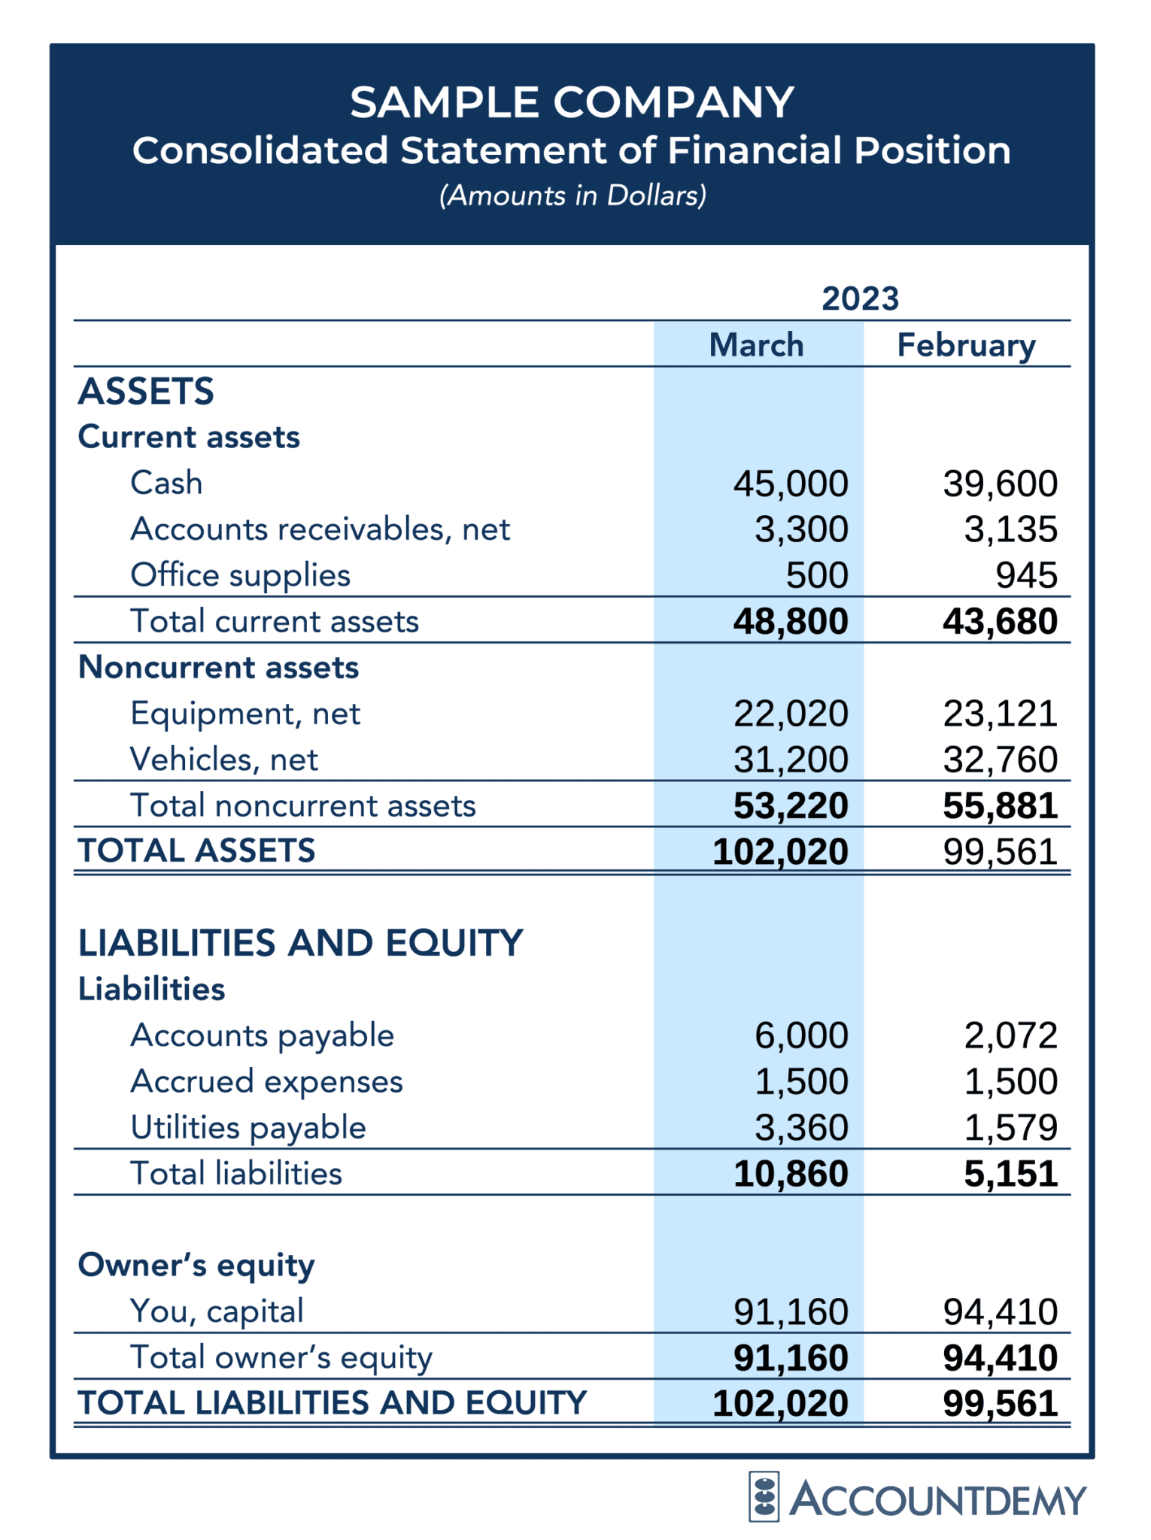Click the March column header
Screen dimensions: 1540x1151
point(756,345)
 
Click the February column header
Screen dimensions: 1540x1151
point(966,345)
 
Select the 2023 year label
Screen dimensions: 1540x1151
point(860,299)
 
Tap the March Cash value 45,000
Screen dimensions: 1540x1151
point(791,484)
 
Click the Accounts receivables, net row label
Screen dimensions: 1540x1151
point(320,529)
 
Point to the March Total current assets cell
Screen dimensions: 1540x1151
point(791,622)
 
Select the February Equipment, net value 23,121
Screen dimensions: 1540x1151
point(1001,714)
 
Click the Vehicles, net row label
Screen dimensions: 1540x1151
point(223,759)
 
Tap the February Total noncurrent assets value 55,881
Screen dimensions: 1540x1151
point(1001,806)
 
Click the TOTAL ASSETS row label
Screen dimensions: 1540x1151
point(196,851)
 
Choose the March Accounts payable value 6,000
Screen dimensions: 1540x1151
point(801,1036)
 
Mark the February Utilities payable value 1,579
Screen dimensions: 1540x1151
point(1011,1128)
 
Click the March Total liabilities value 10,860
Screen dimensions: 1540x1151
point(791,1175)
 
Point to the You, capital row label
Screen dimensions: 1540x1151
point(217,1311)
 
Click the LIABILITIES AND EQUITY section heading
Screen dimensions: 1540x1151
point(300,943)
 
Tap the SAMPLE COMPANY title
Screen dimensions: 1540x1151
point(572,102)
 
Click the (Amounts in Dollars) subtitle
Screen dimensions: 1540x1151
point(572,196)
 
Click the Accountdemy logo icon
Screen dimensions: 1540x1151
point(764,1496)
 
